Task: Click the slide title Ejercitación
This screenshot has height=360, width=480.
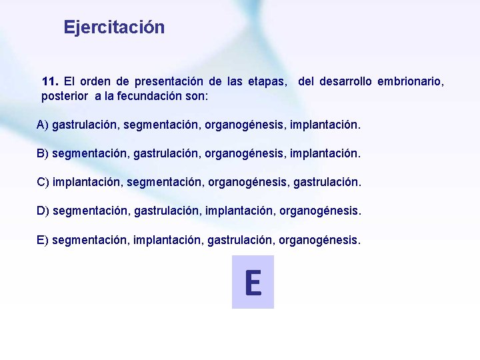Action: click(114, 27)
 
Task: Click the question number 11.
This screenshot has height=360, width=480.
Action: click(50, 82)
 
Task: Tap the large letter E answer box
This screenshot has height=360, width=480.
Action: click(253, 282)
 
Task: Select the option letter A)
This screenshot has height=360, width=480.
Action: click(43, 125)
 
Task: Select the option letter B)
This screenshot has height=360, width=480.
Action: click(43, 153)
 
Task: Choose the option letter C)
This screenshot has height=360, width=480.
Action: click(43, 182)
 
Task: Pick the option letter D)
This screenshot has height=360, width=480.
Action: click(43, 211)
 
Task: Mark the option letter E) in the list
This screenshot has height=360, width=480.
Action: click(43, 239)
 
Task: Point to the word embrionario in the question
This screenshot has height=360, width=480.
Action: click(410, 82)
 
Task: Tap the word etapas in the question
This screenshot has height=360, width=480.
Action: click(267, 82)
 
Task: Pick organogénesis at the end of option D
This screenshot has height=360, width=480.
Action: click(322, 211)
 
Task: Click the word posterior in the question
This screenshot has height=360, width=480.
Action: click(66, 96)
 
